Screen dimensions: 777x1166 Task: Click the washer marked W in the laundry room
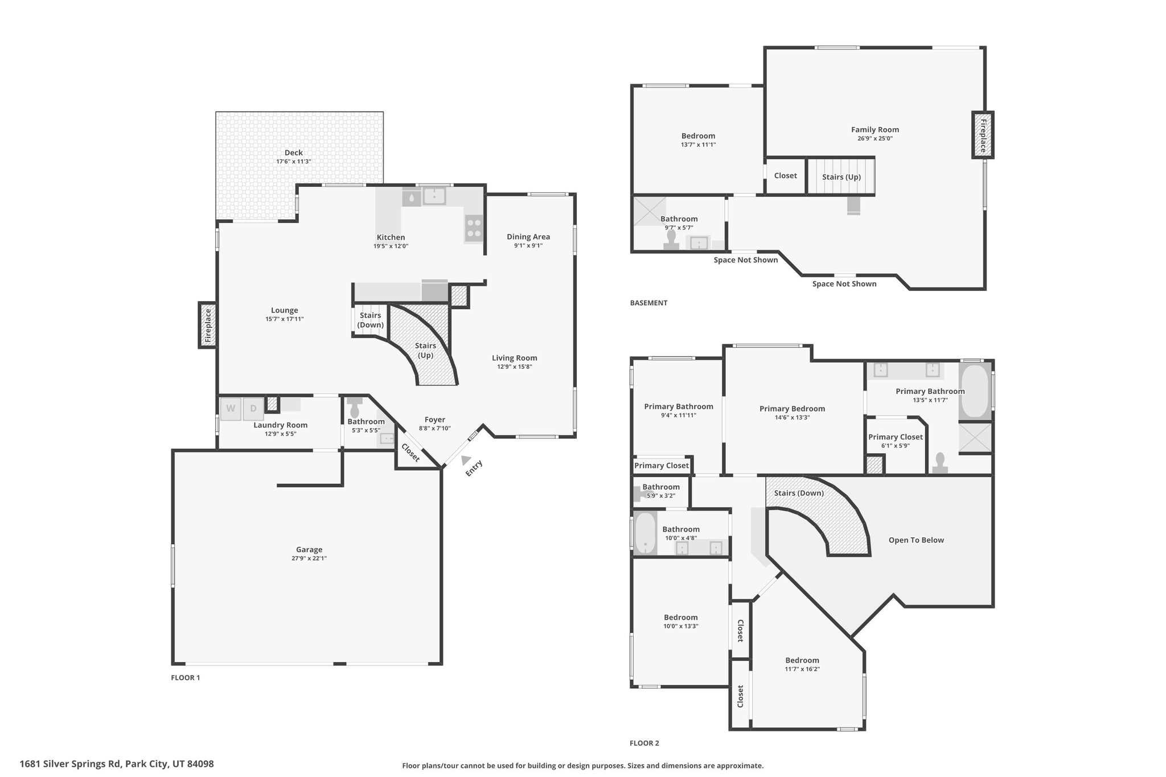point(231,409)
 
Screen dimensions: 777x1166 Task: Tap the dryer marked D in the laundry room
point(253,409)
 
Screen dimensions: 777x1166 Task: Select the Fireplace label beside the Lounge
point(208,325)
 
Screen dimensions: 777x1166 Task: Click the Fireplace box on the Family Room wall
point(983,135)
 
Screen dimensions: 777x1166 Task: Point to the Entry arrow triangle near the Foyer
point(466,459)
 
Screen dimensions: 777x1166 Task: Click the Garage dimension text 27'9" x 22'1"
point(309,558)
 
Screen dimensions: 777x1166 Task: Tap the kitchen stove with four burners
point(474,228)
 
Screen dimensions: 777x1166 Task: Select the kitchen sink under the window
point(434,196)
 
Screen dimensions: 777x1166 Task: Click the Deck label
point(294,153)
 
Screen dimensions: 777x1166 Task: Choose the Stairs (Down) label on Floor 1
point(370,320)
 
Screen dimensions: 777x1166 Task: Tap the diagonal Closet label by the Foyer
point(410,453)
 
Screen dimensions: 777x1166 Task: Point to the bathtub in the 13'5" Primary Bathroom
point(975,391)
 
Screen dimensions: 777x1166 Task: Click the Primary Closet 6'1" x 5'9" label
point(895,437)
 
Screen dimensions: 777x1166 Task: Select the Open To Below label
point(916,540)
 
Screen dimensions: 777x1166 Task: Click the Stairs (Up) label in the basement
point(841,177)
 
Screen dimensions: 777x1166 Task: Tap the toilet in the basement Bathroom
point(672,239)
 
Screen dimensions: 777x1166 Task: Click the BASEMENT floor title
point(648,303)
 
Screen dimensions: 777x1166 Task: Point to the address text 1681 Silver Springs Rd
point(117,764)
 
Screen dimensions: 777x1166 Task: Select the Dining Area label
point(528,237)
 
